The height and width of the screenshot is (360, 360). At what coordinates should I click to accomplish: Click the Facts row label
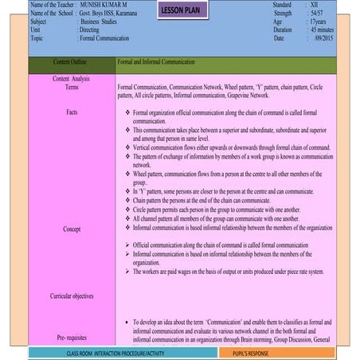pyautogui.click(x=72, y=112)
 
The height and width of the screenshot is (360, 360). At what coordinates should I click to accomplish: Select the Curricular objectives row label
pyautogui.click(x=72, y=296)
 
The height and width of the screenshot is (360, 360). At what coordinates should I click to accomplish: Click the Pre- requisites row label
pyautogui.click(x=72, y=338)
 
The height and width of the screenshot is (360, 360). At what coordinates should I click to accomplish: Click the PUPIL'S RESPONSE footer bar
pyautogui.click(x=250, y=352)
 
